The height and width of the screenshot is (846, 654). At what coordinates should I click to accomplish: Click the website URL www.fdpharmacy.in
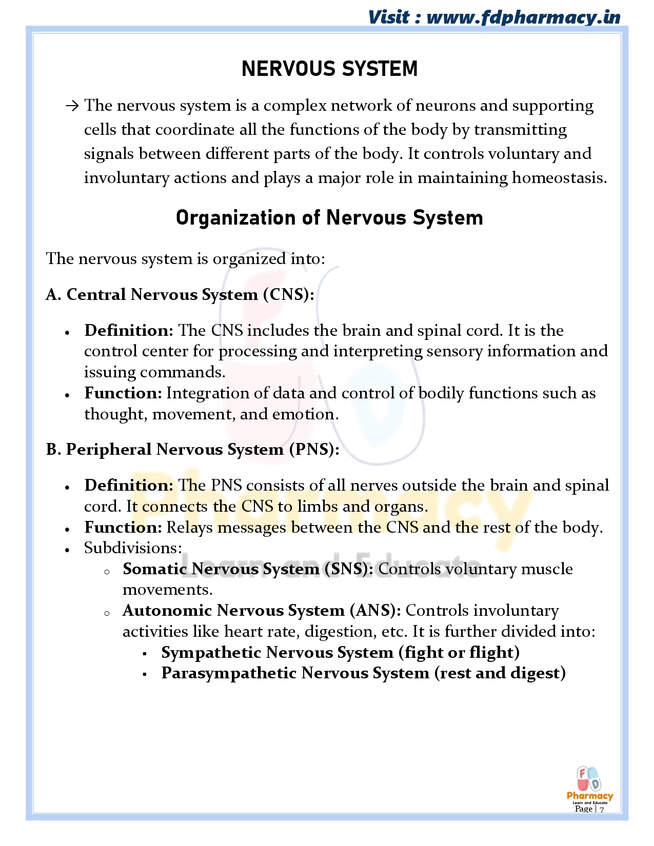(523, 17)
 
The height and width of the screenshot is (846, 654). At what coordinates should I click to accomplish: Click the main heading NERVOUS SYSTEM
(329, 69)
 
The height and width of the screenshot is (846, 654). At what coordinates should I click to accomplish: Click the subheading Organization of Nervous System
(329, 218)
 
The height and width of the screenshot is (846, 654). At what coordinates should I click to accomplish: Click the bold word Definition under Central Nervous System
(129, 331)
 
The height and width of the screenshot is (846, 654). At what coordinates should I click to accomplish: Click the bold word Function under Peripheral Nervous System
(123, 528)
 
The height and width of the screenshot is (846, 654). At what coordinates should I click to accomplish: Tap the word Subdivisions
(133, 548)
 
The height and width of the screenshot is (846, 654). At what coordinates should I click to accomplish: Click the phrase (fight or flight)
(459, 653)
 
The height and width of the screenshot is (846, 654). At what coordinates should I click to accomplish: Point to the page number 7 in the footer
(602, 810)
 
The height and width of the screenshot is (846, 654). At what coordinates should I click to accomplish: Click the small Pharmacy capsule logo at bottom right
(589, 783)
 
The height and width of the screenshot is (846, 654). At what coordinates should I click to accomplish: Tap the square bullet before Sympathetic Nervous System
(145, 654)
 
